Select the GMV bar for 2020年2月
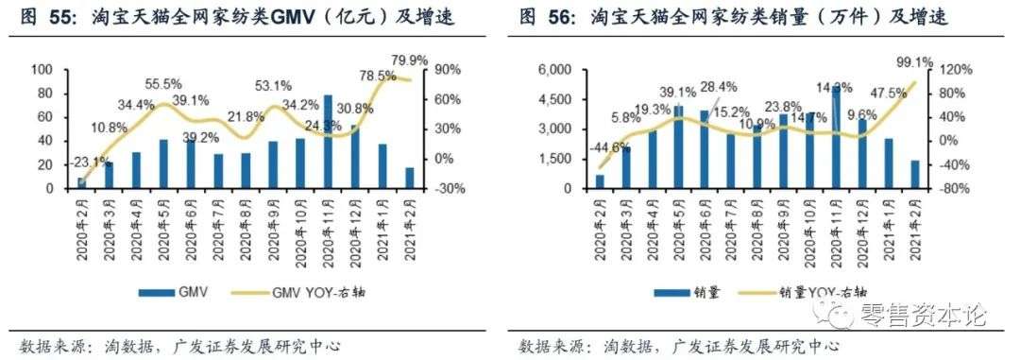[81, 182]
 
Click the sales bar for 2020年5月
[677, 146]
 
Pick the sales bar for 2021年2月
[915, 174]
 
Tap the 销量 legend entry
[694, 293]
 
